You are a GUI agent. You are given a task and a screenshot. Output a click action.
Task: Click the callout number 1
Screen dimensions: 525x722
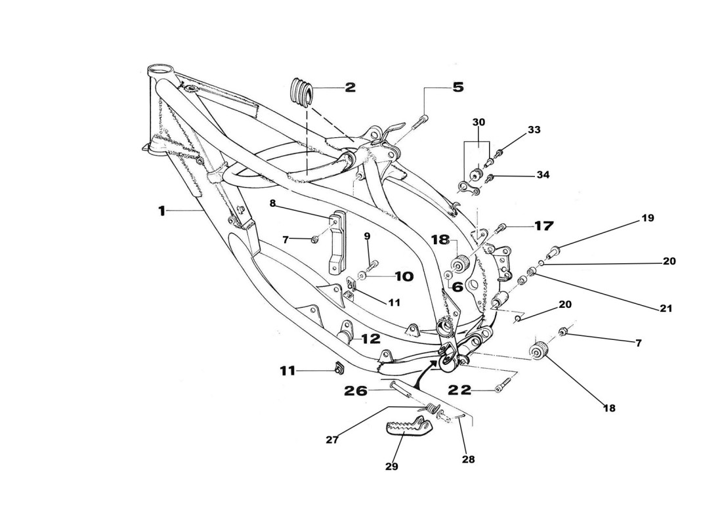click(161, 211)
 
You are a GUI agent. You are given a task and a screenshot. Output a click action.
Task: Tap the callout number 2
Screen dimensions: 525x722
click(350, 87)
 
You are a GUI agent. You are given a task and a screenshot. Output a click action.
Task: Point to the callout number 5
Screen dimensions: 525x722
click(457, 87)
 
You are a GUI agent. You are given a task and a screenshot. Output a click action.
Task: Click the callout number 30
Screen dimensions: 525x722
click(478, 122)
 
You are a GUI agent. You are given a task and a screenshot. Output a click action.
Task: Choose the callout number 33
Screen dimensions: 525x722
click(534, 130)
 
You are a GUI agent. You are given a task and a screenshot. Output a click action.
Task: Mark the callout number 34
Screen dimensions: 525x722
click(543, 175)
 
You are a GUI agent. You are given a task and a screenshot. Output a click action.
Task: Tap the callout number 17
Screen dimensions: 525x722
click(543, 226)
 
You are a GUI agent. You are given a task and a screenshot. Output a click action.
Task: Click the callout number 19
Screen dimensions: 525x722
click(647, 218)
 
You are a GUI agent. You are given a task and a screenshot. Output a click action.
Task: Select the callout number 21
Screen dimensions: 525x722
click(666, 308)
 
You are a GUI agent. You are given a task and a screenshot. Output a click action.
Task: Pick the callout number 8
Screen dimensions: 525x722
click(272, 203)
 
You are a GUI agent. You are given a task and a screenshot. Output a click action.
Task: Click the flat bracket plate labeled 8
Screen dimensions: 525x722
click(337, 243)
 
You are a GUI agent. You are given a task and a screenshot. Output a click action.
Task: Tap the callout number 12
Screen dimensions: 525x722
click(370, 339)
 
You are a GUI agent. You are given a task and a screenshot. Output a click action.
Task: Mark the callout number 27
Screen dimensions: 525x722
click(332, 440)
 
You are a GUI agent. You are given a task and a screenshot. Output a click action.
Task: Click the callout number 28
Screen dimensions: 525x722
click(468, 459)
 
